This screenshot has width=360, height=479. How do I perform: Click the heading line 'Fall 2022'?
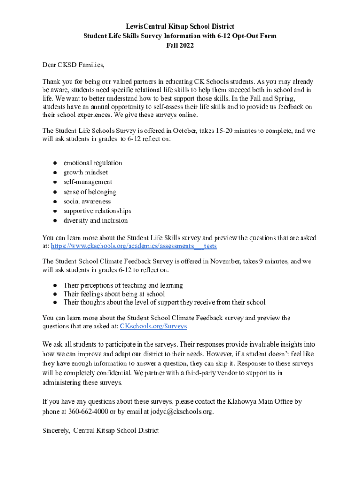coord(180,45)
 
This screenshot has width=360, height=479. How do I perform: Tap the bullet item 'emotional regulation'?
coord(93,163)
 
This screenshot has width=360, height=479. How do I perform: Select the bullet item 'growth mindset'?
coord(86,173)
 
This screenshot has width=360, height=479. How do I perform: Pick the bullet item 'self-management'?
coord(88,182)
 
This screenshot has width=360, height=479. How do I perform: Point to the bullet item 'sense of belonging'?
coord(90,192)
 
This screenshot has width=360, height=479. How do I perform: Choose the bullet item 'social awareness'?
coord(87,202)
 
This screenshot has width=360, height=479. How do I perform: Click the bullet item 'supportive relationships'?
coord(97,211)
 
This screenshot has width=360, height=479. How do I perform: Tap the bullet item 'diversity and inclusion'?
coord(95,221)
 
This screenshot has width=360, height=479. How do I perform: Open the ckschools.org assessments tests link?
coord(134,246)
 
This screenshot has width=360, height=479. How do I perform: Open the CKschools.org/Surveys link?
coord(153,326)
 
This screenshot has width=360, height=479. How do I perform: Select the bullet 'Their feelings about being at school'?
coord(114,294)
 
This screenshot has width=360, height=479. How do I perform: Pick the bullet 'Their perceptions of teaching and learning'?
coord(123,285)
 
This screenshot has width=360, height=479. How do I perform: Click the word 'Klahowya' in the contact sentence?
coord(242,401)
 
